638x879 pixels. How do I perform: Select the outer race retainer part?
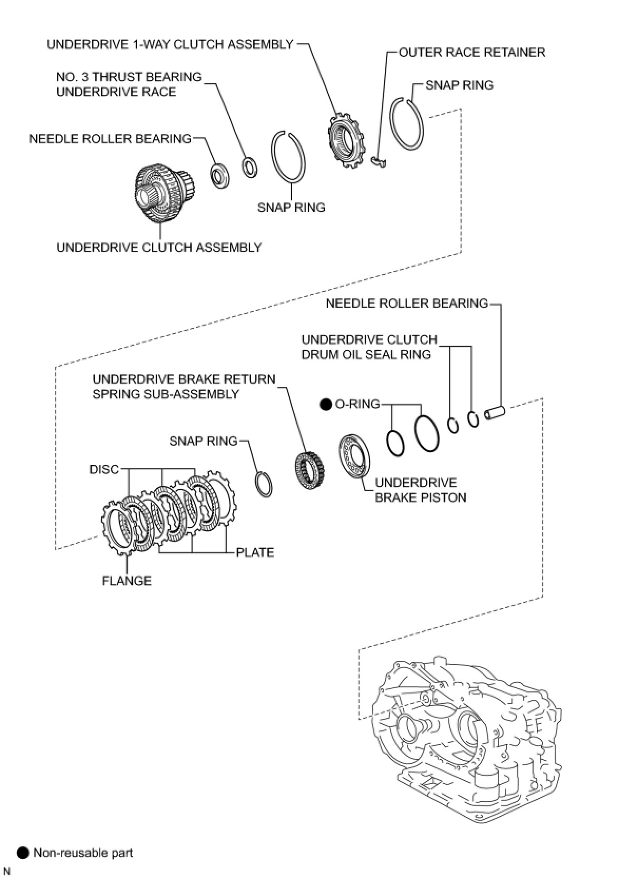click(x=379, y=162)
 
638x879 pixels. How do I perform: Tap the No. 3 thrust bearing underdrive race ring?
click(x=249, y=167)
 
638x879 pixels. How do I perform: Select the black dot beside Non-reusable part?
click(x=23, y=852)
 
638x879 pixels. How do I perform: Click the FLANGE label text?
click(x=127, y=581)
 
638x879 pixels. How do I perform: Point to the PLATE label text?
click(x=255, y=552)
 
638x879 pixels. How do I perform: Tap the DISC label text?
click(x=104, y=469)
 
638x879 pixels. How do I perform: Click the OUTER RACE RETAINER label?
click(x=471, y=52)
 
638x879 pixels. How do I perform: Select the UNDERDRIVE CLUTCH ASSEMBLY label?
click(x=159, y=247)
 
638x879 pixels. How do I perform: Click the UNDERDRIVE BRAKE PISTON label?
click(x=420, y=490)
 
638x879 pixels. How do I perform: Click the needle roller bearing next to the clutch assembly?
click(x=220, y=176)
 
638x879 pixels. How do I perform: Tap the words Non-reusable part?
click(x=83, y=852)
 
